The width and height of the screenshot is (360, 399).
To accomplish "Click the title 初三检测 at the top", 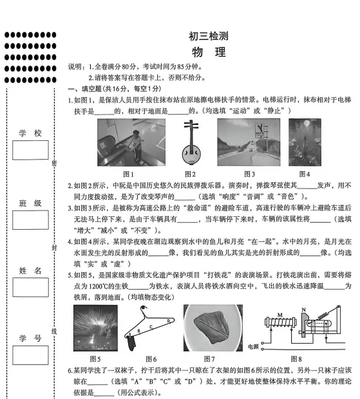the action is tap(208, 36).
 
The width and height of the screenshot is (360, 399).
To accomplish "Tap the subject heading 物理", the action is tap(209, 52).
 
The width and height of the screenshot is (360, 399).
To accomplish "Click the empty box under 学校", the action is tap(30, 150).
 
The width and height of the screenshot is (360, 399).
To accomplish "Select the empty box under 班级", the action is tap(30, 220).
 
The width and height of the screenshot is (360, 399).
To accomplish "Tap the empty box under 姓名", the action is tap(30, 287).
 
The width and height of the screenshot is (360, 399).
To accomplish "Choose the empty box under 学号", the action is tap(30, 355).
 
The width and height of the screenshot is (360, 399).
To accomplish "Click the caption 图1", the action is tap(128, 174).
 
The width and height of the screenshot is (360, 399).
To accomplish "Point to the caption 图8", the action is tap(296, 359).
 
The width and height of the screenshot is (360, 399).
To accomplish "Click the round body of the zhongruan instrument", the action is tap(191, 154).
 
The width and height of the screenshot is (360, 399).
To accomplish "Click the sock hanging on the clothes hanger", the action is tap(131, 343).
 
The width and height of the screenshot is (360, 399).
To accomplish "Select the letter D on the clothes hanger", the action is tap(168, 321).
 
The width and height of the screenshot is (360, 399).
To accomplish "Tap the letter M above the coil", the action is tap(280, 315).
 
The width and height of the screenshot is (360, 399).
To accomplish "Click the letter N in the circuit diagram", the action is tap(303, 310).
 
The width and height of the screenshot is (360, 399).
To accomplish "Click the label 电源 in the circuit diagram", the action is tap(253, 347).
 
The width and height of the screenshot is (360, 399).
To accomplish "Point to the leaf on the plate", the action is tap(213, 327).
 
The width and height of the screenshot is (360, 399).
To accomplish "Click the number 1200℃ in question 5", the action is tap(99, 286).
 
